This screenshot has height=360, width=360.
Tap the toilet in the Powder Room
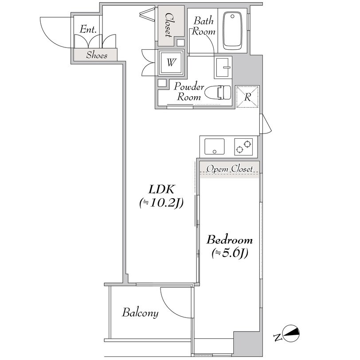pos(218,92)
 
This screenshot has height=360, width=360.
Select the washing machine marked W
pos(171,63)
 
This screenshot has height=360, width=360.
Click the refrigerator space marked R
pos(247,97)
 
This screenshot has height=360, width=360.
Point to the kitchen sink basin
pos(215,146)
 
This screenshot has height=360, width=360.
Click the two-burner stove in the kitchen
pos(243,146)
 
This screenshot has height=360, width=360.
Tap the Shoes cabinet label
pos(97,55)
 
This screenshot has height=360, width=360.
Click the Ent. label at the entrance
pos(88,29)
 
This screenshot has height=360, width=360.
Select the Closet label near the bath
pos(170,25)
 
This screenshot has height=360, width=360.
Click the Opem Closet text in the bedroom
pos(229,169)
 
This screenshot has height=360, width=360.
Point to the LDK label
pos(161,189)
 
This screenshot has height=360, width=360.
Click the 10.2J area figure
pos(161,203)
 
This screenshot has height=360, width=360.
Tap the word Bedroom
pos(230,240)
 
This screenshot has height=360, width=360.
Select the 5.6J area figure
pos(230,253)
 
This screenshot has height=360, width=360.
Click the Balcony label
pos(140,313)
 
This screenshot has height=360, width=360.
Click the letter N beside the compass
pos(278,337)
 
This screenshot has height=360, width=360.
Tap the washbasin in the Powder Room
pos(223,67)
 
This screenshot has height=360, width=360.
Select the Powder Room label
pos(189,92)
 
